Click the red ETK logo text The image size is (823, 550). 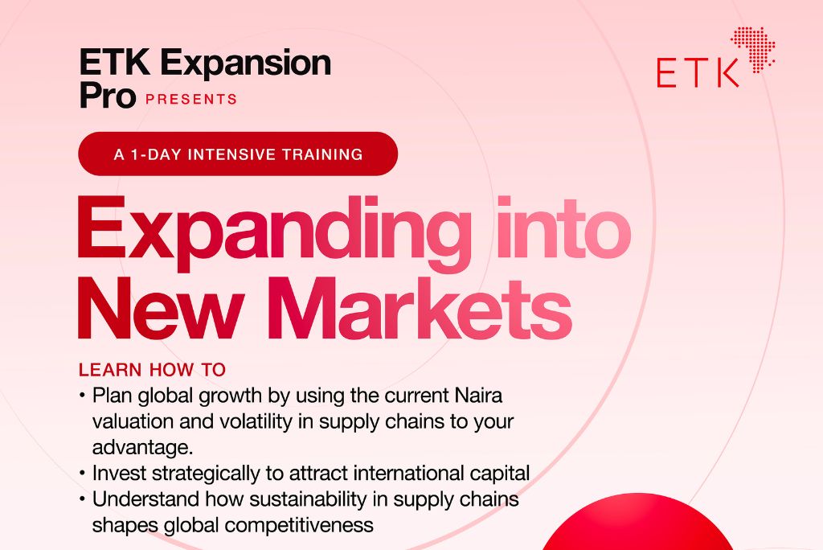pyautogui.click(x=698, y=72)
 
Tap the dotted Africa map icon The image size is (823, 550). pyautogui.click(x=753, y=50)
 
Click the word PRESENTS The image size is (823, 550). pyautogui.click(x=191, y=99)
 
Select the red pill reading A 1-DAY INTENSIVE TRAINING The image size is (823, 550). pyautogui.click(x=238, y=154)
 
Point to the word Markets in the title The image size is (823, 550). pyautogui.click(x=420, y=307)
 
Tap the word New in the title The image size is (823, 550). pyautogui.click(x=161, y=308)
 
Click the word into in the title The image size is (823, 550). pyautogui.click(x=563, y=228)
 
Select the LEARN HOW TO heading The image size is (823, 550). pyautogui.click(x=152, y=370)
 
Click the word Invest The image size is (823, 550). pyautogui.click(x=119, y=473)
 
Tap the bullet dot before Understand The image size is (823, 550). pyautogui.click(x=82, y=499)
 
